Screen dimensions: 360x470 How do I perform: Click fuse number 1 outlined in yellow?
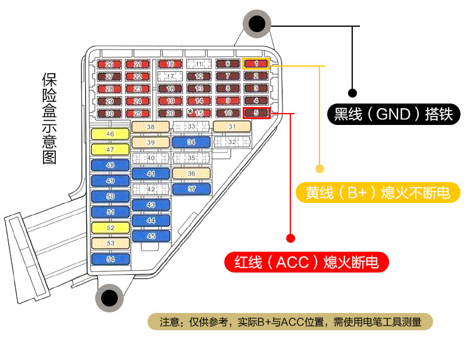(256, 64)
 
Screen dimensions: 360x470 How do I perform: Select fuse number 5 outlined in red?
(256, 112)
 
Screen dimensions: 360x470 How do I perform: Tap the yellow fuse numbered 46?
(110, 134)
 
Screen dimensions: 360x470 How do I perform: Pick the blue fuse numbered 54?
(110, 259)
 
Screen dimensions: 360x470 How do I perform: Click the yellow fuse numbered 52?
(110, 228)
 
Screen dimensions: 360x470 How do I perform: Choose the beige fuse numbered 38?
(151, 127)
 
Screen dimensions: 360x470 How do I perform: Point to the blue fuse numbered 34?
(191, 142)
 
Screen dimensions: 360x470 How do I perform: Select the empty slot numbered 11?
(199, 64)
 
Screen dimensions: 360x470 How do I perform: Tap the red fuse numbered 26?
(109, 64)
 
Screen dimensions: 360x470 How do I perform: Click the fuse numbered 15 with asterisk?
(199, 113)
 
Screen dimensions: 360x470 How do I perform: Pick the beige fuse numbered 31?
(231, 127)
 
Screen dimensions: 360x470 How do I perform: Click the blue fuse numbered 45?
(151, 236)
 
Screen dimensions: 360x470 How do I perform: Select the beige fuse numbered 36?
(191, 173)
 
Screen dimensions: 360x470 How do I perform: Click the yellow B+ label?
(378, 192)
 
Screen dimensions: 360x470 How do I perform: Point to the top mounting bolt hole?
(256, 24)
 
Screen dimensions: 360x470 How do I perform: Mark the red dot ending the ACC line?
(290, 239)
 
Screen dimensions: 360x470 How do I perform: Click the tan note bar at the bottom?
(290, 322)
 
